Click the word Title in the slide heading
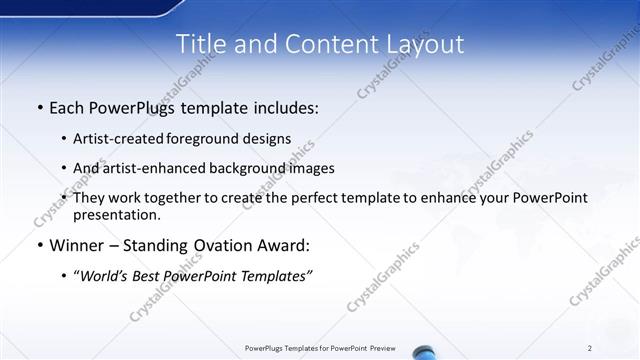click(x=198, y=44)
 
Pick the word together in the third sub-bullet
click(x=183, y=198)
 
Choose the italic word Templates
click(x=279, y=276)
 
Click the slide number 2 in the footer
click(x=590, y=347)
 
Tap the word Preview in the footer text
click(x=382, y=347)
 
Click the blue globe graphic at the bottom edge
click(x=423, y=352)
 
